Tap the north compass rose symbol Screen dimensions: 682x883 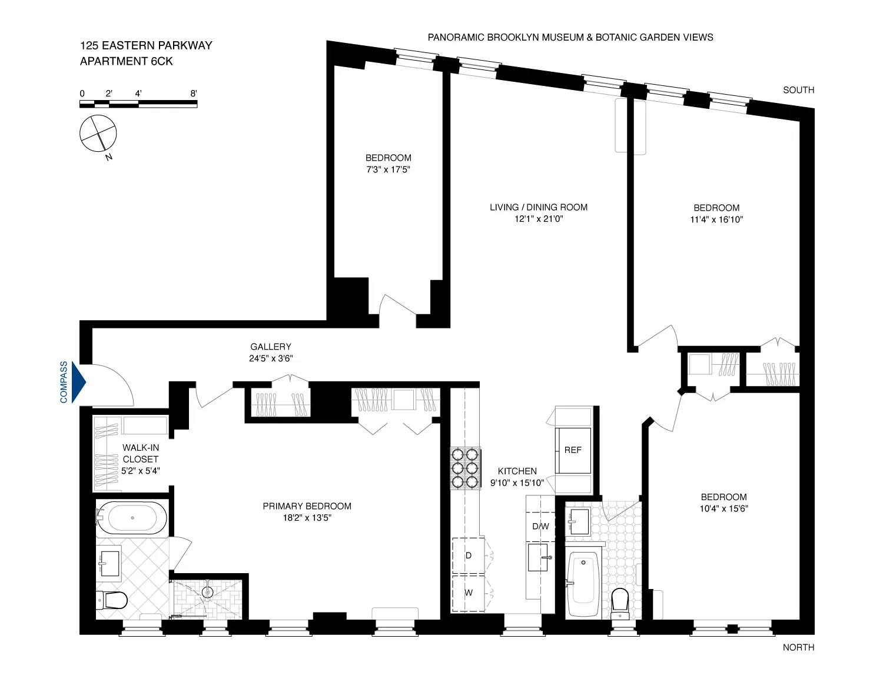pos(98,134)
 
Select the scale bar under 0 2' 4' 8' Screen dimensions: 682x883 pos(138,104)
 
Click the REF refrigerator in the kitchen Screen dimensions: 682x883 pos(573,450)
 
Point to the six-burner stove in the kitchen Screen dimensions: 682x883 pos(465,468)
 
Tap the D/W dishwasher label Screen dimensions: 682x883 pos(540,526)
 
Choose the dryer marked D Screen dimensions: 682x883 pos(469,555)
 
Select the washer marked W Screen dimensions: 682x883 pos(469,593)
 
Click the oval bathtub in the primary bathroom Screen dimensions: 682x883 pos(132,518)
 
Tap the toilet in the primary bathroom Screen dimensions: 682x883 pos(113,600)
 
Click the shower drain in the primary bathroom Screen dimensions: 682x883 pos(208,592)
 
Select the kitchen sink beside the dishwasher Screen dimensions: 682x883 pos(538,557)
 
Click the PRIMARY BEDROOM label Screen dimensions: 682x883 pos(307,506)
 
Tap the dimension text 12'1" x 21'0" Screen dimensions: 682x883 pos(539,219)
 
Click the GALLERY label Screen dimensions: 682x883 pos(271,347)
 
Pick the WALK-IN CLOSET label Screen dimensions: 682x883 pos(141,453)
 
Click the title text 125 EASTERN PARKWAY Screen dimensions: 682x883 pos(146,45)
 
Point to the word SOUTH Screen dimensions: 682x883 pos(798,90)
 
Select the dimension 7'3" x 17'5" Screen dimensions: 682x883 pos(388,169)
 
